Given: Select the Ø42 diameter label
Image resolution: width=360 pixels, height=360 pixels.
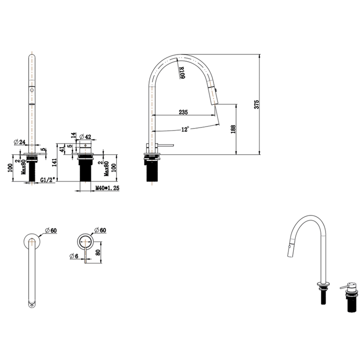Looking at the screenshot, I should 85,137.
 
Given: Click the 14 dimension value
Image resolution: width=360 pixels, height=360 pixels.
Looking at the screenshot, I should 73,136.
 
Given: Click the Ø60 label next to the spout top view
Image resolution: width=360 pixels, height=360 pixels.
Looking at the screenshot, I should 50,230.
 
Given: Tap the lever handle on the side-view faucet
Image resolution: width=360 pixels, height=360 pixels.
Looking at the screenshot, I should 166,146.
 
